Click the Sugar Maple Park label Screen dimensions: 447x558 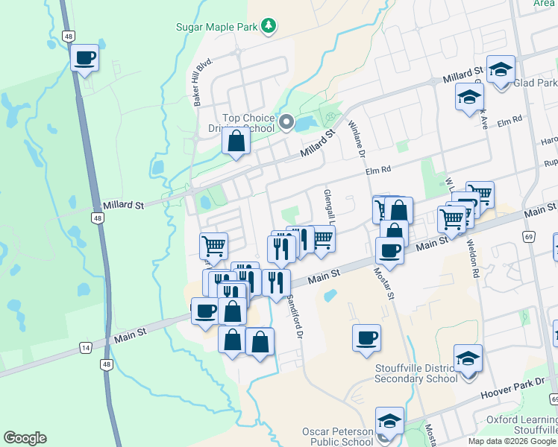coord(216,27)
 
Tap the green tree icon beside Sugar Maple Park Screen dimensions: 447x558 coord(269,27)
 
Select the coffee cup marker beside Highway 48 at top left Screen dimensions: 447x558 coord(85,58)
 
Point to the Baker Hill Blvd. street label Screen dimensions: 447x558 coord(199,83)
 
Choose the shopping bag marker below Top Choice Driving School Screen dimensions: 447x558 coord(236,142)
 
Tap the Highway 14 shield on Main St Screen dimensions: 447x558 coord(86,347)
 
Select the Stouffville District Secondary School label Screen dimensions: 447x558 coord(418,372)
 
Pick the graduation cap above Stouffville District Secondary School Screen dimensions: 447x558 coord(468,359)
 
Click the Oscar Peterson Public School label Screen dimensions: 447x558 coord(337,437)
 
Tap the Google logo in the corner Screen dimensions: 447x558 coord(25,438)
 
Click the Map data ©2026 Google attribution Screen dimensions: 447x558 coord(511,441)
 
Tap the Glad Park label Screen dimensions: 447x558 coord(536,83)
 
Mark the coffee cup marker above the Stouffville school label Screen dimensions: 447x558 coord(367,338)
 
